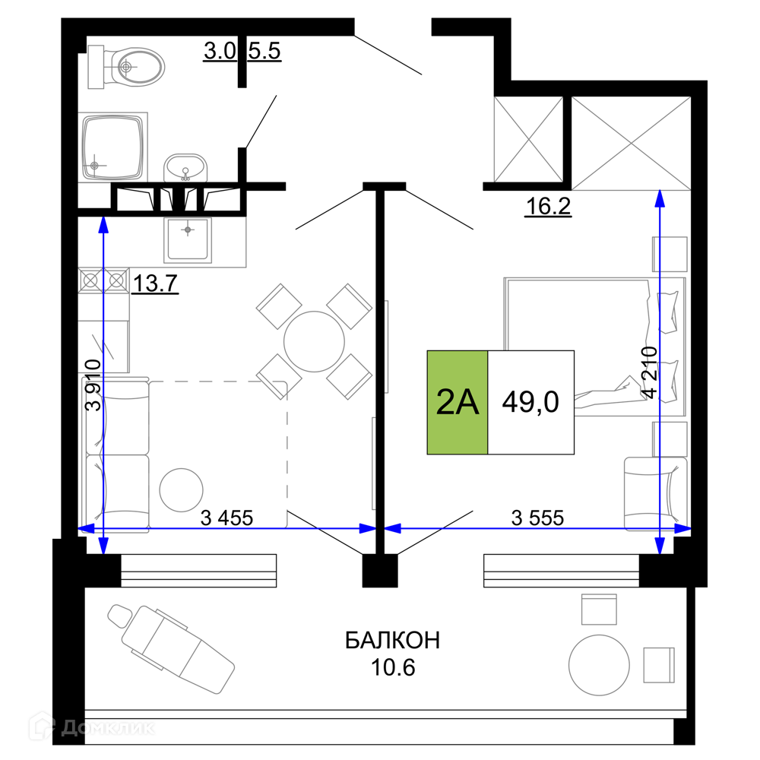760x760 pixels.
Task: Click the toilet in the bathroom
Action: click(x=126, y=67)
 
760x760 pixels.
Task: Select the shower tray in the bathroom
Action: click(x=113, y=147)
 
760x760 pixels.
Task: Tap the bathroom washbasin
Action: click(x=185, y=168)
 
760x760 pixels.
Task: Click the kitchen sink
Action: click(x=188, y=239)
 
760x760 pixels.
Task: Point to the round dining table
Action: click(x=314, y=342)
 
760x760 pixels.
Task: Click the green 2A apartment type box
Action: click(x=457, y=402)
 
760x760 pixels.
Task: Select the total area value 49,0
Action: click(x=530, y=402)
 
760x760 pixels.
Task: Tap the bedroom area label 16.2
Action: click(x=548, y=207)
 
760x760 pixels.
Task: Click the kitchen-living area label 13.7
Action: click(x=154, y=283)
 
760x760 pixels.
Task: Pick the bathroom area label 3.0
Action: click(x=220, y=51)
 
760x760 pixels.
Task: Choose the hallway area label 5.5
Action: click(x=264, y=51)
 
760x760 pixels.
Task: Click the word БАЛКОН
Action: click(x=393, y=641)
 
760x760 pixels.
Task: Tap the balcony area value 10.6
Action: click(x=393, y=668)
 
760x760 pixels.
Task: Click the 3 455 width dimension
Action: click(x=226, y=518)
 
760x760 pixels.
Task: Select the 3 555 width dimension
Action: click(x=537, y=518)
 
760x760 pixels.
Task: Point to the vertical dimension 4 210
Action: click(x=650, y=372)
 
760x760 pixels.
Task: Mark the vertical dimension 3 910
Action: click(x=93, y=385)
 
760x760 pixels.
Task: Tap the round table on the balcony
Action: click(x=599, y=666)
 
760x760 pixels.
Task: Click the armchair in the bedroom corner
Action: click(x=655, y=494)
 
